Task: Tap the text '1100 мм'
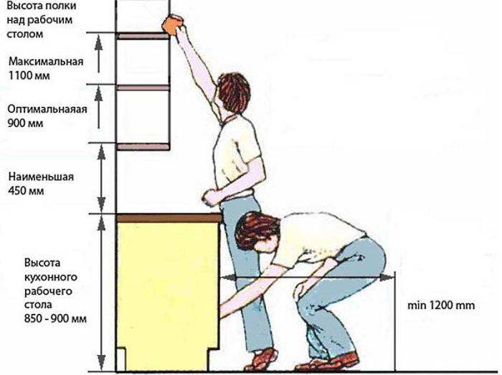[x=29, y=75]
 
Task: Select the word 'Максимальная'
[x=46, y=61]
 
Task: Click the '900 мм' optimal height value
[x=25, y=123]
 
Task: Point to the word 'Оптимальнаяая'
[x=47, y=109]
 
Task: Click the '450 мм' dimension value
[x=27, y=191]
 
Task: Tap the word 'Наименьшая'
[x=41, y=177]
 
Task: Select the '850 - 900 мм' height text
[x=55, y=319]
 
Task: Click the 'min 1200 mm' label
[x=441, y=305]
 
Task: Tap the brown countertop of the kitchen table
[x=169, y=218]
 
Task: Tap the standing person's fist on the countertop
[x=210, y=198]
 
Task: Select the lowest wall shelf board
[x=143, y=147]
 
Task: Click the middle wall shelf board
[x=143, y=88]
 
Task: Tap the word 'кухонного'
[x=51, y=277]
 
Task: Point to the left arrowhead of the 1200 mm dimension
[x=227, y=277]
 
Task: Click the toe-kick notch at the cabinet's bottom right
[x=214, y=360]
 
